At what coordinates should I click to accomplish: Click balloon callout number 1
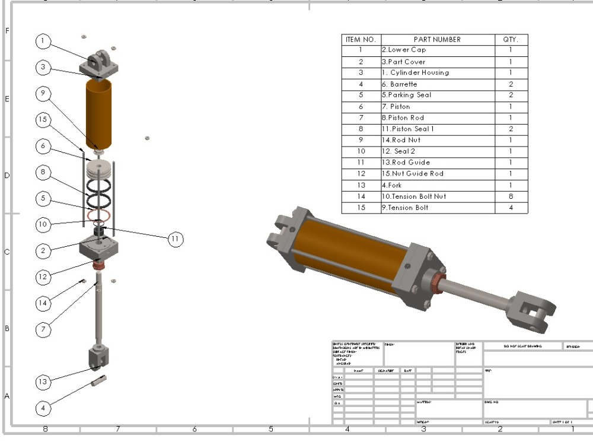pos(43,41)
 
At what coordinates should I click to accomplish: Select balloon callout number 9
pos(43,94)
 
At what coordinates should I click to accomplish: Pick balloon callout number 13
pos(43,382)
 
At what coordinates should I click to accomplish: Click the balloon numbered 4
pos(43,408)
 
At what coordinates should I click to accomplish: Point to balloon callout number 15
pos(43,120)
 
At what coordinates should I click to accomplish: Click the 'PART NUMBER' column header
pos(437,40)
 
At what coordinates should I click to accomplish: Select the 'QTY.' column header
pos(511,40)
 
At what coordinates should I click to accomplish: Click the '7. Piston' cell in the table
pos(400,107)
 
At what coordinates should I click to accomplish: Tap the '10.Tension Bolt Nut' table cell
pos(414,196)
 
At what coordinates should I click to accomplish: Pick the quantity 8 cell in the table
pos(511,196)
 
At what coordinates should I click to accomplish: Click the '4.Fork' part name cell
pos(392,185)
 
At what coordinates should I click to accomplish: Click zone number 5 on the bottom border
pos(271,429)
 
